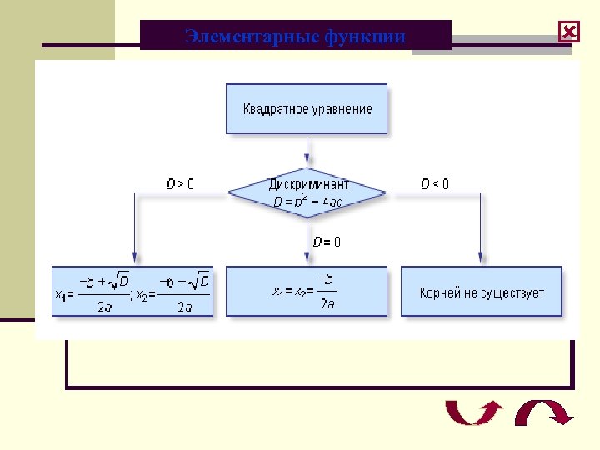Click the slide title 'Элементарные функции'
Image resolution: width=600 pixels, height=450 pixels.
[x=295, y=37]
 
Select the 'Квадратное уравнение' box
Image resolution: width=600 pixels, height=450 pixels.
[x=307, y=108]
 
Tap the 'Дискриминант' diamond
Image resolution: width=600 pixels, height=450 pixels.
[x=307, y=193]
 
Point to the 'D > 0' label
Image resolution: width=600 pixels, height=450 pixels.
[x=180, y=183]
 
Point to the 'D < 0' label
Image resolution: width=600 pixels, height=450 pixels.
[x=434, y=183]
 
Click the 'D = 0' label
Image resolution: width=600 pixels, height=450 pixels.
[x=326, y=242]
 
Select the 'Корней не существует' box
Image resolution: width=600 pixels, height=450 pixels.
[x=482, y=292]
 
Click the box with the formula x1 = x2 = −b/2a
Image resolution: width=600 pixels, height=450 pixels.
[x=307, y=292]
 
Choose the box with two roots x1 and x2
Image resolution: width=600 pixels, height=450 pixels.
[x=132, y=292]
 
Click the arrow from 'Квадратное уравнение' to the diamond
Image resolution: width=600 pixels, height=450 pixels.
[x=307, y=149]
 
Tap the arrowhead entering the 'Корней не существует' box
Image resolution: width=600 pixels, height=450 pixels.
[x=481, y=259]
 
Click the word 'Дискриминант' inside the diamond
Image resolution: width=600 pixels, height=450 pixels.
[x=308, y=184]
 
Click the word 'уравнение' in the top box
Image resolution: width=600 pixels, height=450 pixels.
[x=342, y=109]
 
